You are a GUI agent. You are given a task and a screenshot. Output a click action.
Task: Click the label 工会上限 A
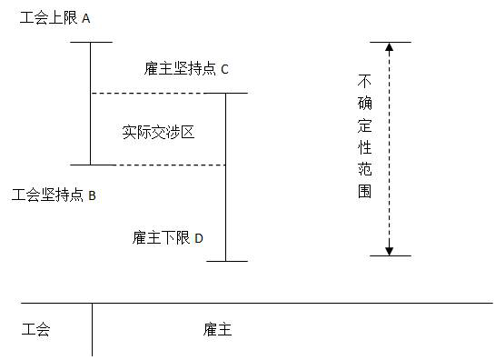coord(55,18)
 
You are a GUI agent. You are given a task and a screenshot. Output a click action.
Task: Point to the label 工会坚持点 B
coord(54,195)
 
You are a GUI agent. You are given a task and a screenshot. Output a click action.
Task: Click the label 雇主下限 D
coord(167,238)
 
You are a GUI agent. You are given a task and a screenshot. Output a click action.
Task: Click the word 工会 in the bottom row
coord(35,329)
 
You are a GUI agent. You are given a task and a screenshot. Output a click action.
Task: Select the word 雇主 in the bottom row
coord(218,329)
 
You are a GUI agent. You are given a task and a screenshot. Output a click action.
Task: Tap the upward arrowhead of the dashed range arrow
coord(389,48)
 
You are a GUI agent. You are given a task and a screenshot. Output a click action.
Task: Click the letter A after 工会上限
coord(86,18)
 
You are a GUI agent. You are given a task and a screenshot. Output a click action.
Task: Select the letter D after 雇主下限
coord(198,238)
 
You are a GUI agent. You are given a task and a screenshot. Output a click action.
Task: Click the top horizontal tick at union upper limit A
coord(90,42)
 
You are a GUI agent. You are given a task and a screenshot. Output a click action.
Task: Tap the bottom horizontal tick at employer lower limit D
coord(226,261)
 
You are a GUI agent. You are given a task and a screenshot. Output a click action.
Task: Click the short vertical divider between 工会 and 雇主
coord(92,329)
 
